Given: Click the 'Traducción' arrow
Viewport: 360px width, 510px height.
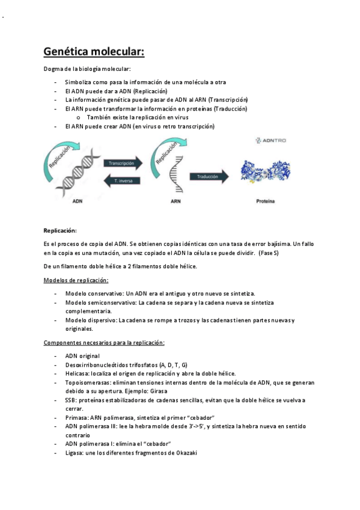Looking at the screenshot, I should pyautogui.click(x=209, y=176).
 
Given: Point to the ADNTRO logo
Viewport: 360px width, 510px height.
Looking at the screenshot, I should pyautogui.click(x=271, y=140).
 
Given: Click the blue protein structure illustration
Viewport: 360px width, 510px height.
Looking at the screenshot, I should pyautogui.click(x=270, y=171).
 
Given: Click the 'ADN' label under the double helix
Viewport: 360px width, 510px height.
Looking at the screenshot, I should pyautogui.click(x=78, y=202).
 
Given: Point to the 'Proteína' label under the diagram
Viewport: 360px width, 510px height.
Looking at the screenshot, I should pyautogui.click(x=264, y=202).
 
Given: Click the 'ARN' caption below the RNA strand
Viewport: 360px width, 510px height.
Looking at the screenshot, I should pyautogui.click(x=175, y=202).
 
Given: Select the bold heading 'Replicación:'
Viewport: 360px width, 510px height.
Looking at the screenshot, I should pyautogui.click(x=60, y=230).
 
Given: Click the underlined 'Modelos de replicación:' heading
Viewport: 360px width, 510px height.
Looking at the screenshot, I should pyautogui.click(x=76, y=280).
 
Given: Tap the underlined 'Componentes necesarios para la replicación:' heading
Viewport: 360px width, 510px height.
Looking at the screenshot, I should pyautogui.click(x=104, y=342).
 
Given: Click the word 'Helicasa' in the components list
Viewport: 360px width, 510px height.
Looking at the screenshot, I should pyautogui.click(x=78, y=373).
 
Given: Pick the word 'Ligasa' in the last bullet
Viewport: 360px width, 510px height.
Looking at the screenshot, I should pyautogui.click(x=75, y=452).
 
